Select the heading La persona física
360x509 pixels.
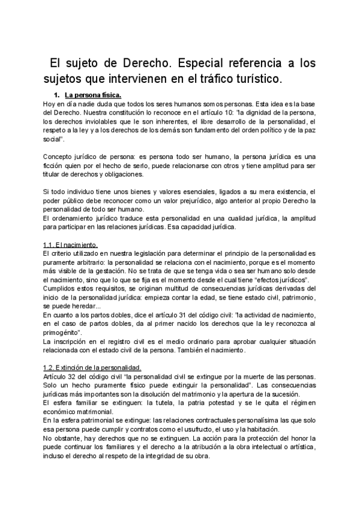coord(93,95)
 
